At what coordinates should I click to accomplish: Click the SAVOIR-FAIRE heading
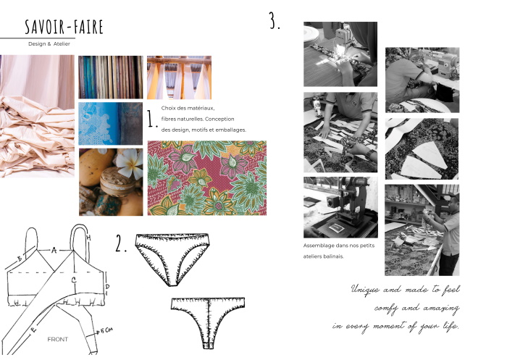coord(64,27)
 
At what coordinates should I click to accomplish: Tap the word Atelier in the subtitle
coord(62,44)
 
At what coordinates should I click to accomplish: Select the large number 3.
coord(275,21)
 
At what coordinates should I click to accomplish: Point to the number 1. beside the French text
coord(152,119)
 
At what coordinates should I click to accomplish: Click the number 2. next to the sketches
coord(121,243)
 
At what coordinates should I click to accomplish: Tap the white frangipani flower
coord(130,162)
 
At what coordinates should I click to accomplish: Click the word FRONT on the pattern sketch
coord(57,339)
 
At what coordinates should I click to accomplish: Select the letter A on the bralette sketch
coord(54,250)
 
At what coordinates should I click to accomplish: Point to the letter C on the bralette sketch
coord(74,280)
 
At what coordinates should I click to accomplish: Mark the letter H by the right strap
coord(88,238)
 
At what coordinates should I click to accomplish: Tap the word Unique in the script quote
coord(365,289)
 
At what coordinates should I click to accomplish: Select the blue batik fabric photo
coord(111,124)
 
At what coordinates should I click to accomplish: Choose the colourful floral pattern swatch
coord(207,178)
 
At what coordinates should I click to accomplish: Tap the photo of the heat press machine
coord(340,207)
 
